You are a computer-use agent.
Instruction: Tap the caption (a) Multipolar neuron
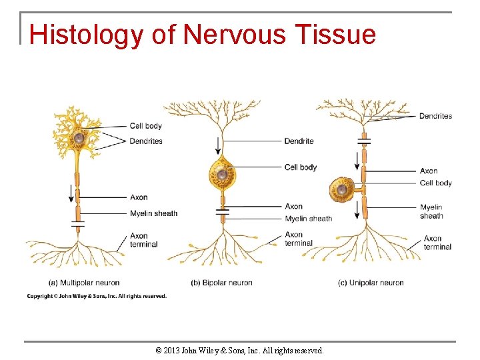84,283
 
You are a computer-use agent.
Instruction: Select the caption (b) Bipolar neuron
221,283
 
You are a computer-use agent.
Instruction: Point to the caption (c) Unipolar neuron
371,283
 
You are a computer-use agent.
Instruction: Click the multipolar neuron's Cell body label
145,126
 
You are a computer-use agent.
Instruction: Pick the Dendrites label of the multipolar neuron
146,141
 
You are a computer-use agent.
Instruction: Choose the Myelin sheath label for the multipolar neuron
153,213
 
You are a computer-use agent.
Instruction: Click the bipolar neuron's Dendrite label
299,141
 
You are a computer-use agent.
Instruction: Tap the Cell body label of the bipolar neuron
300,167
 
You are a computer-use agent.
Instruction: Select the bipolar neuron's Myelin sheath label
308,219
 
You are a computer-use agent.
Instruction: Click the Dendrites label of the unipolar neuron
435,116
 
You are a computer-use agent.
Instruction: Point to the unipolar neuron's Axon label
429,171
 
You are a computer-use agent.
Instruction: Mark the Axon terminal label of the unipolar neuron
437,243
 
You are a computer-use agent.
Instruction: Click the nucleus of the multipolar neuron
79,138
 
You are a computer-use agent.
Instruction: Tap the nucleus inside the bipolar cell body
223,176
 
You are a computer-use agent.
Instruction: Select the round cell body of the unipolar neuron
342,190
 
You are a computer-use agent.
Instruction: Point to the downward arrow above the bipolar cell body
217,145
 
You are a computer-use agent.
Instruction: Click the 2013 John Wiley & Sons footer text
239,350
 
